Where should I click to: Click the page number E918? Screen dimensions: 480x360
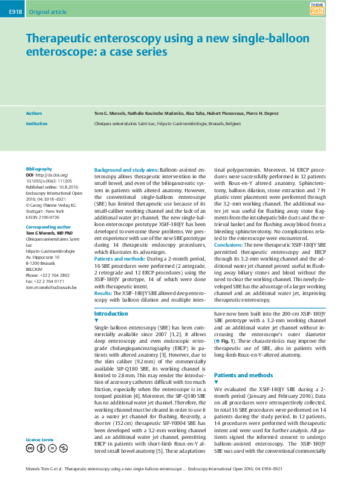pyautogui.click(x=11, y=11)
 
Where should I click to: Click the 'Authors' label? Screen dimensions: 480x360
pyautogui.click(x=34, y=113)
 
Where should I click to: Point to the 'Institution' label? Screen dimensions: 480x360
pyautogui.click(x=36, y=123)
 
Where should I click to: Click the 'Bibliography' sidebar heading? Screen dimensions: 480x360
pyautogui.click(x=39, y=169)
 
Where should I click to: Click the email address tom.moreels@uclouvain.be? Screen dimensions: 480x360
pyautogui.click(x=51, y=287)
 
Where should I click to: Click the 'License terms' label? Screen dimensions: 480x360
pyautogui.click(x=39, y=439)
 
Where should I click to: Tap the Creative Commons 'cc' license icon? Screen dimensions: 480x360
pyautogui.click(x=30, y=448)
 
